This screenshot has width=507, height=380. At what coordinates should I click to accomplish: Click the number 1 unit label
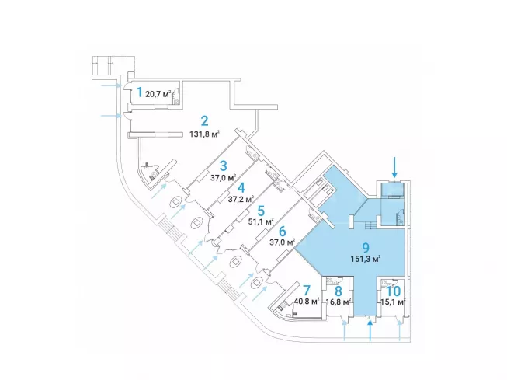pos(139,92)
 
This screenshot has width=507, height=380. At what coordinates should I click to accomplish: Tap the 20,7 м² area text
pos(158,95)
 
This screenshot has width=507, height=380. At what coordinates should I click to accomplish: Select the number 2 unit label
pos(204,121)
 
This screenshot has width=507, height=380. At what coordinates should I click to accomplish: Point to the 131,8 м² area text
pos(205,134)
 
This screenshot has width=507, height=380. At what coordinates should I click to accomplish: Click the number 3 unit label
pos(223,166)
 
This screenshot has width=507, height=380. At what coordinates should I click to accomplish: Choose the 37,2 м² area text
pos(241,199)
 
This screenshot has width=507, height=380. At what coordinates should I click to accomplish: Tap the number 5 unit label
pos(261,211)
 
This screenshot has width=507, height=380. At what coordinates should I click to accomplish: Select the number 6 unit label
pos(282,232)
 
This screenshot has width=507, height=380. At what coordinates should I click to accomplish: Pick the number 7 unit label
pos(307,291)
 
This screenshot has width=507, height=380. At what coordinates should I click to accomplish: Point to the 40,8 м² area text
pos(307,302)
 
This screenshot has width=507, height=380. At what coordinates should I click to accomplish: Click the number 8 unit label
pos(339,291)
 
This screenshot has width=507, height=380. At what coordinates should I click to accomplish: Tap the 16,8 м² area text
pos(339,302)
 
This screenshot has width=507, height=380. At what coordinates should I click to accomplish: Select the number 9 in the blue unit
pos(366,248)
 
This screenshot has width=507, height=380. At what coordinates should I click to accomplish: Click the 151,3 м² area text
pos(366,259)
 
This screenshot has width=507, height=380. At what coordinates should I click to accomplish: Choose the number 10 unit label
pos(394,291)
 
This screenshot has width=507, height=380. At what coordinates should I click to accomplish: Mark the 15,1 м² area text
pos(391,302)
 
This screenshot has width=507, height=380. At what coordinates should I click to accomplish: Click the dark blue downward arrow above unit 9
pos(394,167)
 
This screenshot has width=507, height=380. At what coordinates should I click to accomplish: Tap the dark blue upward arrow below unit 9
pos(370,330)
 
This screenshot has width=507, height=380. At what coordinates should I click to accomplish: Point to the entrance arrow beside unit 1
pos(112,85)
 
